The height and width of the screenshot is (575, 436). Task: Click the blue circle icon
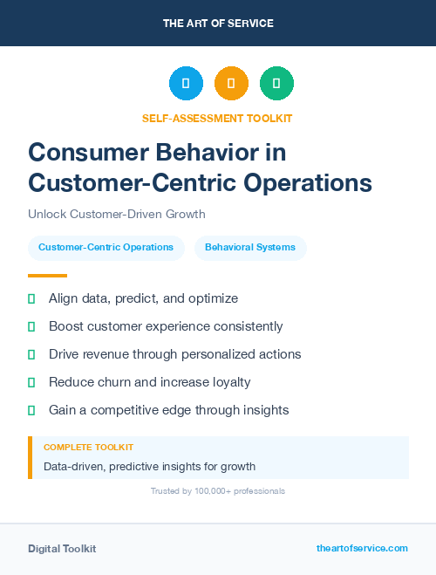tap(186, 84)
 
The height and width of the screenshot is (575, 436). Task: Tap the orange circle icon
tap(231, 84)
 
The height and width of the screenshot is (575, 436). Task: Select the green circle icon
tap(276, 84)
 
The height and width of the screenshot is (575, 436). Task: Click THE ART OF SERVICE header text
tap(218, 24)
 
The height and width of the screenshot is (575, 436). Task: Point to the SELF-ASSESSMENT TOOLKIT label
tap(217, 118)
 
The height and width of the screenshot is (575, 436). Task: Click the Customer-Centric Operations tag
tap(106, 248)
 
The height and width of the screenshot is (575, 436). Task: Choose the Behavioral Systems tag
tap(250, 248)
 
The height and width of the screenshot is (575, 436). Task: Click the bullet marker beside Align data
tap(31, 298)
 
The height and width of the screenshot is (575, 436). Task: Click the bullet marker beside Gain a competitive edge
tap(31, 410)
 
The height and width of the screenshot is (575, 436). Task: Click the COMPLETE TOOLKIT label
tap(88, 447)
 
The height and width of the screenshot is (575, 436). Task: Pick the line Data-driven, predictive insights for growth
tap(149, 466)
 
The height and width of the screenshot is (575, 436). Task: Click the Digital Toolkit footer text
tap(62, 549)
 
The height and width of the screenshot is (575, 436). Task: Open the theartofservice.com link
tap(362, 548)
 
